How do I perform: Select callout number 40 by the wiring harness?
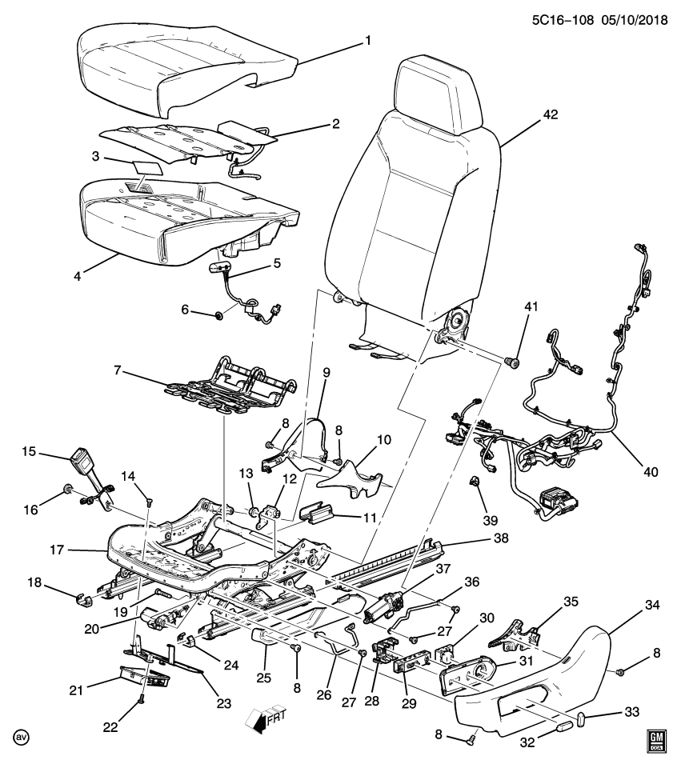click(650, 472)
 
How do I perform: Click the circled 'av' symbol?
click(18, 735)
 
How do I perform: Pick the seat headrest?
click(439, 84)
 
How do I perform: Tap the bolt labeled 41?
click(513, 363)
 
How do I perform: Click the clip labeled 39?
click(474, 481)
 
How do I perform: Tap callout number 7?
click(118, 370)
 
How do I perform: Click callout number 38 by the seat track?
click(501, 539)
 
